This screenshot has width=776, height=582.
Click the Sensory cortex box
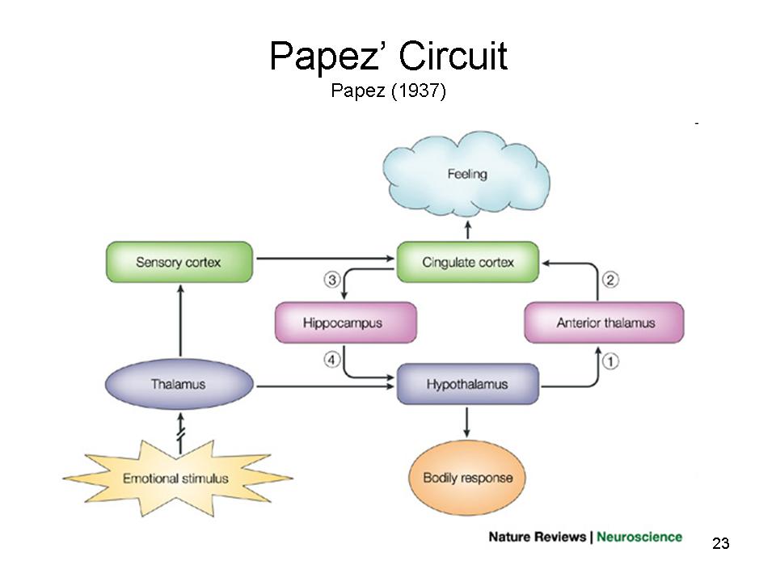pos(179,262)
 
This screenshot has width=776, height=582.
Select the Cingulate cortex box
pos(467,262)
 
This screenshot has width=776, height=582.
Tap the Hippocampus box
pos(345,323)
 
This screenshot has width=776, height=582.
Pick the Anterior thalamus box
pos(605,323)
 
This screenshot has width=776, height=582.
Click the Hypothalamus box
pos(467,384)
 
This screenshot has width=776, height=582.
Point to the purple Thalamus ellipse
pos(178,384)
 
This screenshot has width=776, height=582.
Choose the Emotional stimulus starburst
pos(176,478)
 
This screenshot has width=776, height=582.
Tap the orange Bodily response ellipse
pos(467,477)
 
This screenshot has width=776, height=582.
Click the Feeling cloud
pos(466,175)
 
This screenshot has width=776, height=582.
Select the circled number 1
pos(611,361)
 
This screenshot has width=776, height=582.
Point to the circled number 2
pos(611,280)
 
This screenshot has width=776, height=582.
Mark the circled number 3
pos(331,280)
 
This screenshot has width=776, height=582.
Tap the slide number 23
pos(721,543)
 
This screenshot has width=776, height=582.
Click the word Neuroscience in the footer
pos(639,537)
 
